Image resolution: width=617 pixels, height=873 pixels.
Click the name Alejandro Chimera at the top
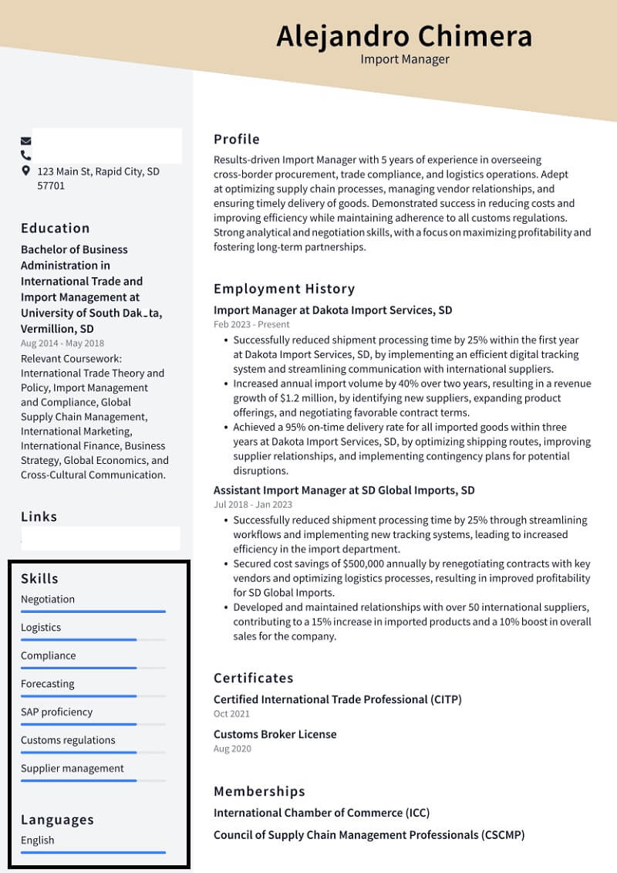pyautogui.click(x=404, y=36)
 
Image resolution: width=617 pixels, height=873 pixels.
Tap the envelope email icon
pyautogui.click(x=26, y=141)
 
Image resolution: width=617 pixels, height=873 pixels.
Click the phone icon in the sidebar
pyautogui.click(x=26, y=156)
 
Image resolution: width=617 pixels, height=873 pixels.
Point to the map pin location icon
pyautogui.click(x=26, y=171)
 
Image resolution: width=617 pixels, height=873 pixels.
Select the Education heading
pyautogui.click(x=56, y=228)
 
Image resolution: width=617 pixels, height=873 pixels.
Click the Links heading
pyautogui.click(x=39, y=516)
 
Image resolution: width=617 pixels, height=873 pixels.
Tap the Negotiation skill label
pyautogui.click(x=48, y=599)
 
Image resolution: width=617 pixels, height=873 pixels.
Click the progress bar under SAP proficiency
pyautogui.click(x=79, y=724)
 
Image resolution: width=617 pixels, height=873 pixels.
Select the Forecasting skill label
pyautogui.click(x=48, y=684)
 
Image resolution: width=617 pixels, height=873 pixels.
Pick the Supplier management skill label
pyautogui.click(x=72, y=768)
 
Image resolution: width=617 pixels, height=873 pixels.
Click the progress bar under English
pyautogui.click(x=93, y=852)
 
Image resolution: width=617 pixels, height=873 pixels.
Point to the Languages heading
pyautogui.click(x=57, y=820)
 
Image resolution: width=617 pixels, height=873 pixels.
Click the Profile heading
pyautogui.click(x=237, y=139)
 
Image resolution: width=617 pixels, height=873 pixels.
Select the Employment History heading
pyautogui.click(x=284, y=289)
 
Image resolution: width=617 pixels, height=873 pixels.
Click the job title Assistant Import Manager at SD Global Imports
pyautogui.click(x=344, y=490)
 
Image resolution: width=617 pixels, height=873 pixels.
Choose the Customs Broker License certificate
pyautogui.click(x=275, y=734)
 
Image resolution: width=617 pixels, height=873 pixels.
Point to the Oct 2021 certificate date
pyautogui.click(x=231, y=714)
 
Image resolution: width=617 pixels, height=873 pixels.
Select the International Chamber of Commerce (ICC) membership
pyautogui.click(x=322, y=812)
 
